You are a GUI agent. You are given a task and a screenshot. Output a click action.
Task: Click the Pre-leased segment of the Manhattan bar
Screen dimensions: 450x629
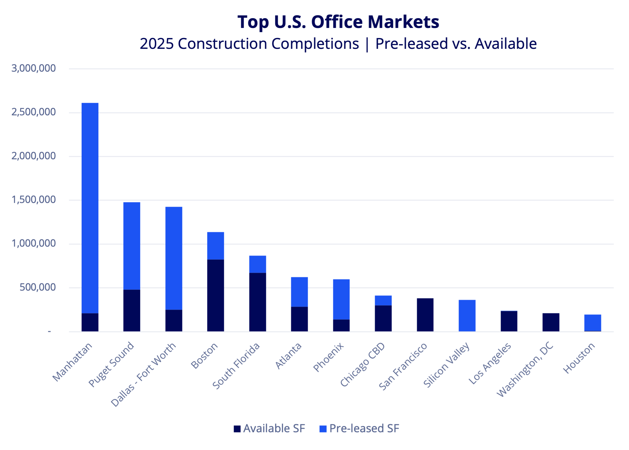pos(90,208)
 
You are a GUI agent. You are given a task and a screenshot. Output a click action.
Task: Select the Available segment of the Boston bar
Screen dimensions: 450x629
pos(215,295)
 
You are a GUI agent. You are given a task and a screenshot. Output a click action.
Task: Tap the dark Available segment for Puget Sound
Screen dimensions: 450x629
pos(132,310)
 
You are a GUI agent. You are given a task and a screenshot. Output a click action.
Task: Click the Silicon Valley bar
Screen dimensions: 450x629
pos(467,316)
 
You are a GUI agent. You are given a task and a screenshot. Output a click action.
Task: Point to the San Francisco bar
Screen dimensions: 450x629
pos(425,315)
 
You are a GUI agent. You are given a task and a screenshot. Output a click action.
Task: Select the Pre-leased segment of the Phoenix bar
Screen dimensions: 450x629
pos(341,299)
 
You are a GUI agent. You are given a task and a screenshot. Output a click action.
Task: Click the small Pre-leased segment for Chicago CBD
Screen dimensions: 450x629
pos(383,300)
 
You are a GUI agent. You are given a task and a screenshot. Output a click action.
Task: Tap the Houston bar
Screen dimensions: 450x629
pos(592,323)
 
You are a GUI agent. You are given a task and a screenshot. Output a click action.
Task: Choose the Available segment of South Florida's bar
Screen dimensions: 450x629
pos(257,302)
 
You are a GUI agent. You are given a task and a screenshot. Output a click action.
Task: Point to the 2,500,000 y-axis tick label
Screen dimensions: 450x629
pos(34,112)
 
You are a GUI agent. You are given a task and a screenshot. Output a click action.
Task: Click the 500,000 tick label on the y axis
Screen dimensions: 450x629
pos(38,287)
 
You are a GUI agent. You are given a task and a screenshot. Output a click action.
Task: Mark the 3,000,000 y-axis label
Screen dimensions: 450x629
pos(34,68)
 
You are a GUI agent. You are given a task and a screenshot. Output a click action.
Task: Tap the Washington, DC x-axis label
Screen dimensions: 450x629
pos(525,370)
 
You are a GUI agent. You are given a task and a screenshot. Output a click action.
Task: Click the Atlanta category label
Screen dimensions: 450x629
pos(288,356)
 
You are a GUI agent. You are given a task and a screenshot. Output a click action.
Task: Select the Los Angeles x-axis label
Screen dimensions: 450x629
pos(490,363)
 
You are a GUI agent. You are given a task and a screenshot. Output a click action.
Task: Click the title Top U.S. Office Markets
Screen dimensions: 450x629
pos(338,22)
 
